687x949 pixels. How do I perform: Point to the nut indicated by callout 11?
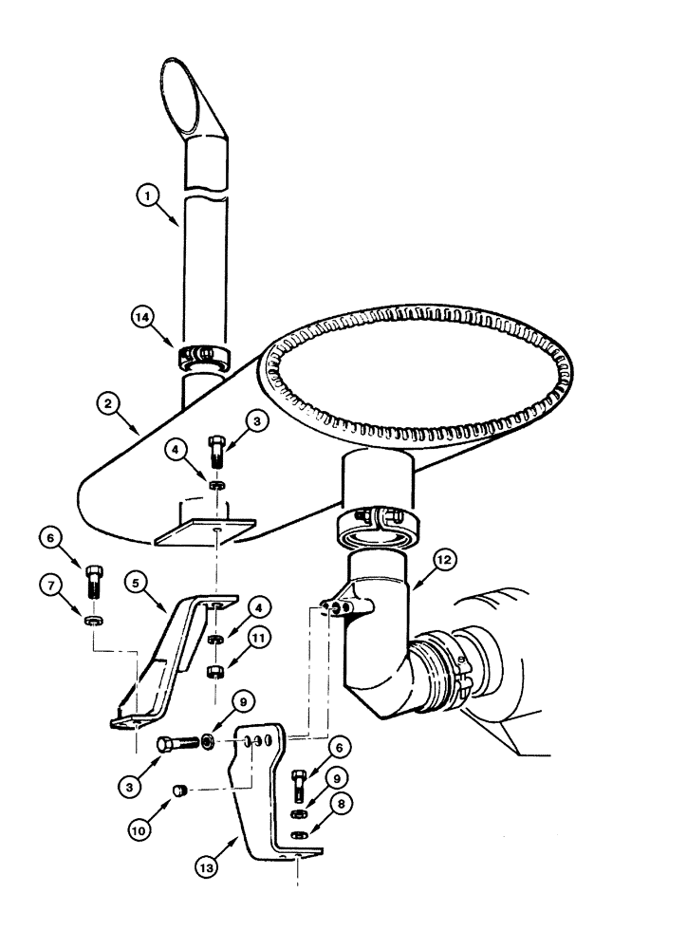point(216,672)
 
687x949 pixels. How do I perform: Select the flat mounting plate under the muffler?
point(205,530)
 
